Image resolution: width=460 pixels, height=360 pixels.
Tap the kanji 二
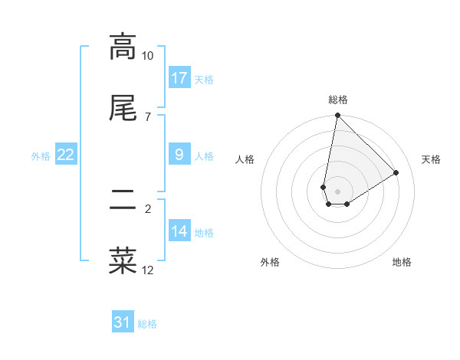point(123,201)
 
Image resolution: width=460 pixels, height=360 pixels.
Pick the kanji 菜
point(123,260)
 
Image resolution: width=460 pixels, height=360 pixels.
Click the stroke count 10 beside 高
point(148,56)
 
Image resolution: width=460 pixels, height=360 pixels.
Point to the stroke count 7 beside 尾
point(148,116)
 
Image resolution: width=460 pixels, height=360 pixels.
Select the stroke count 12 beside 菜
point(148,270)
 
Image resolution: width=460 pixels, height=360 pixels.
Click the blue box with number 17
point(179,78)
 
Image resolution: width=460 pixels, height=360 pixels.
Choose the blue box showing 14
point(179,231)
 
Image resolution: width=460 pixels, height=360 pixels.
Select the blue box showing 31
point(123,322)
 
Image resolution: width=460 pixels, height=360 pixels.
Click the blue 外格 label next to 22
point(41,156)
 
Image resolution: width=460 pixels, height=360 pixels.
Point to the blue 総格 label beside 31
point(147,324)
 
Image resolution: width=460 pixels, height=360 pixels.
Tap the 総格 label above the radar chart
point(338,100)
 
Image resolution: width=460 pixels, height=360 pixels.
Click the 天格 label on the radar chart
point(431,159)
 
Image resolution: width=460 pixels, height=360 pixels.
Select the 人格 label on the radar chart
point(245,159)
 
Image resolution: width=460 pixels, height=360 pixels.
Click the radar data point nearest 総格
point(337,116)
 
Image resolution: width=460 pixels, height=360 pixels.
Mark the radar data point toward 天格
point(396,173)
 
